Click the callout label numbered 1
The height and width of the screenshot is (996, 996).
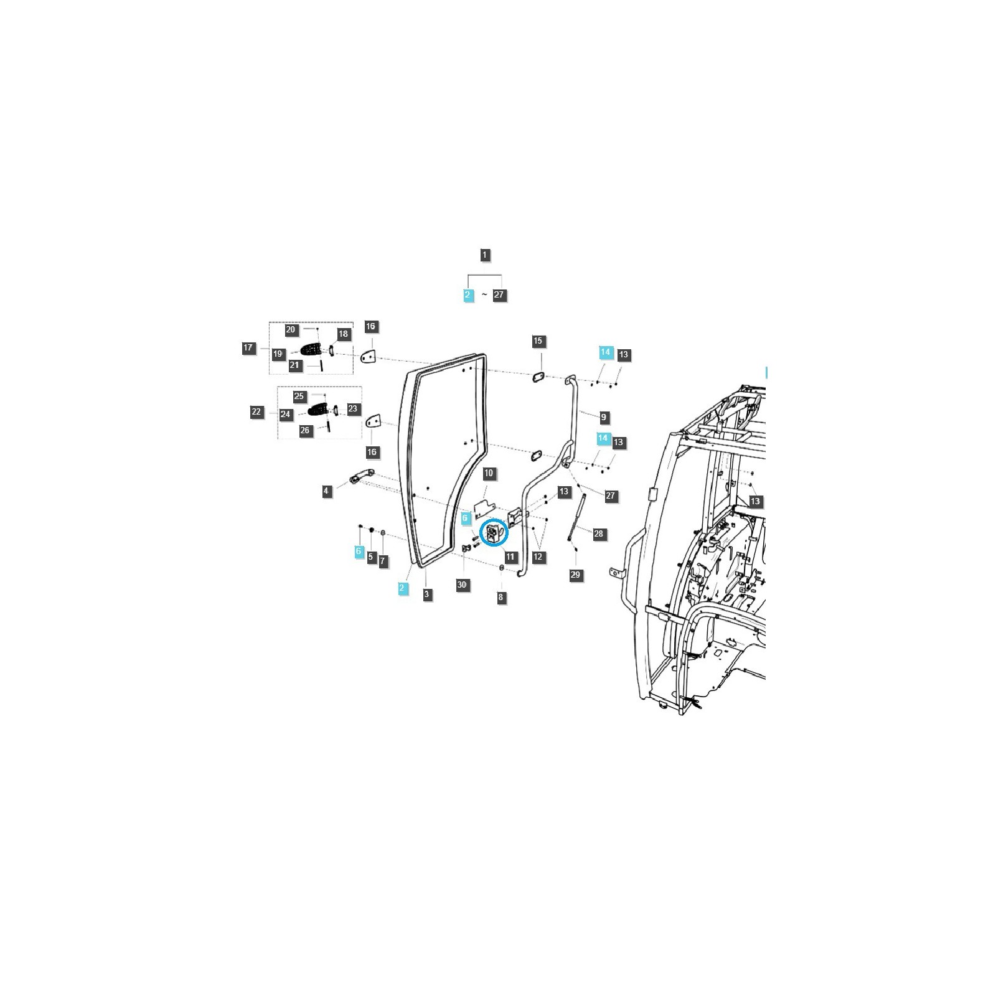[x=485, y=255]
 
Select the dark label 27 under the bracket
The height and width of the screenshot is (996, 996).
[x=499, y=295]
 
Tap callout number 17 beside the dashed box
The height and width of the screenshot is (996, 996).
[x=248, y=348]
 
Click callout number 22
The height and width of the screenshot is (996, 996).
[x=256, y=412]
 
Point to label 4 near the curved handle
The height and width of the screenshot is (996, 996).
[x=326, y=491]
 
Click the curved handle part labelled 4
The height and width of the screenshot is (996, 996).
[x=362, y=477]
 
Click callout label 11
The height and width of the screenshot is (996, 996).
[x=511, y=557]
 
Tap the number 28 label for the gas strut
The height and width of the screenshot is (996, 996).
[x=598, y=533]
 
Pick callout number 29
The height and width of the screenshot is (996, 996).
[x=575, y=575]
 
